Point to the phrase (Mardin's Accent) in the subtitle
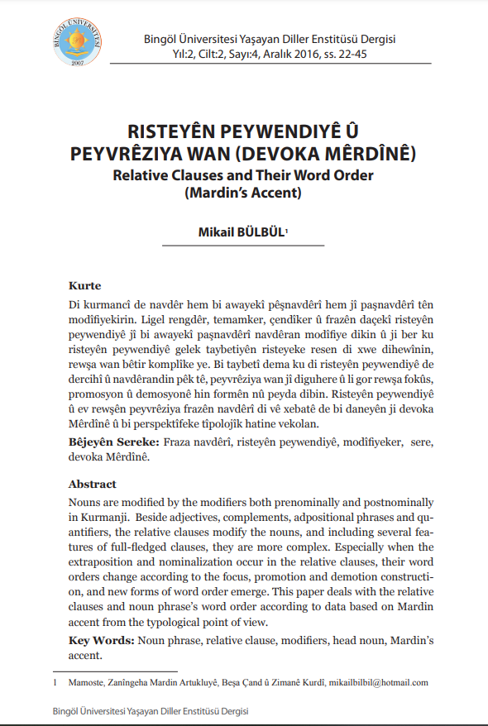(x=243, y=194)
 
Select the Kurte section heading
(x=84, y=285)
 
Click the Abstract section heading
(x=92, y=484)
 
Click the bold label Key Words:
(x=102, y=641)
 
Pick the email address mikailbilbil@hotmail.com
(x=378, y=682)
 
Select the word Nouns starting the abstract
(x=86, y=503)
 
